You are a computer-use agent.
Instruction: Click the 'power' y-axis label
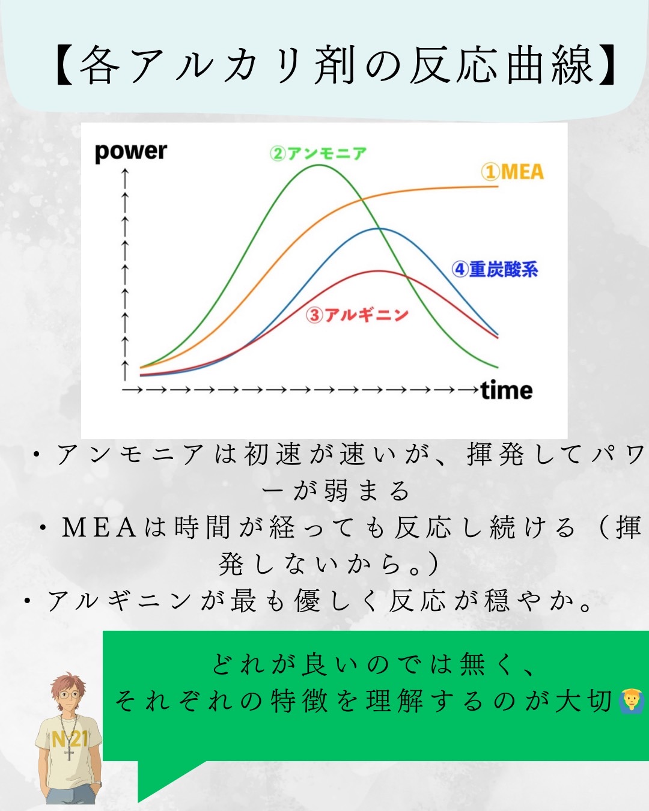[x=130, y=152]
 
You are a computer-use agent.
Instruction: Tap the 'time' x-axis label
[x=507, y=390]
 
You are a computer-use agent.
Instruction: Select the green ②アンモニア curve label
[x=318, y=153]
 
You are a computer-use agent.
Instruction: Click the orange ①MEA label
[x=513, y=172]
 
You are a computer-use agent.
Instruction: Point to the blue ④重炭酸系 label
[x=495, y=269]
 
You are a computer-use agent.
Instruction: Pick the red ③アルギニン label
[x=357, y=315]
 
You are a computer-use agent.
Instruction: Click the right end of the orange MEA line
[x=498, y=186]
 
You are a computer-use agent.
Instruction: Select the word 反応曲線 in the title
[x=502, y=65]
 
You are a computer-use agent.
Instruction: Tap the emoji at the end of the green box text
[x=632, y=702]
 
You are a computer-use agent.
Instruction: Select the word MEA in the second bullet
[x=99, y=527]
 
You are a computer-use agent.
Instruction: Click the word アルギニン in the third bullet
[x=120, y=601]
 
